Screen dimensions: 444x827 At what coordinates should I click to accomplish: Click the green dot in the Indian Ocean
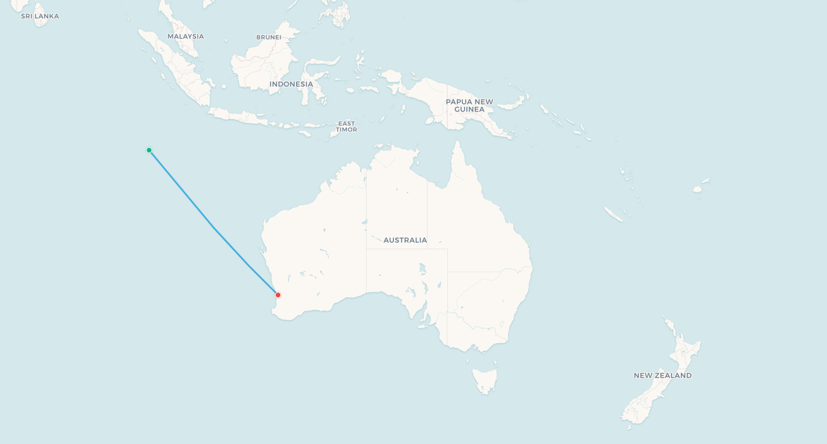[149, 150]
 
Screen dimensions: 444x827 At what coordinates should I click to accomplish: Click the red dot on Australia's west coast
[277, 295]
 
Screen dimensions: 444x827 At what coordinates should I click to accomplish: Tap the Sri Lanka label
[40, 16]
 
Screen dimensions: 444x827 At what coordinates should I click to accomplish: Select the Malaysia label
[185, 36]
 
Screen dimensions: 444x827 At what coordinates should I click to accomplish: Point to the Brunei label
[269, 37]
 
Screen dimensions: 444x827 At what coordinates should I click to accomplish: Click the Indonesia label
[291, 84]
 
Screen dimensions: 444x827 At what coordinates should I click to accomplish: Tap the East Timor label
[346, 126]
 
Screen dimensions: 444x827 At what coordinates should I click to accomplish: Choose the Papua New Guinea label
[469, 105]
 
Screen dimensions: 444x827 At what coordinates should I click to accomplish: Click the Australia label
[405, 240]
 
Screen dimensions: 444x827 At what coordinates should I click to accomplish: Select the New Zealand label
[662, 375]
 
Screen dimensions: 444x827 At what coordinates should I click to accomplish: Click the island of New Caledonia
[613, 214]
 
